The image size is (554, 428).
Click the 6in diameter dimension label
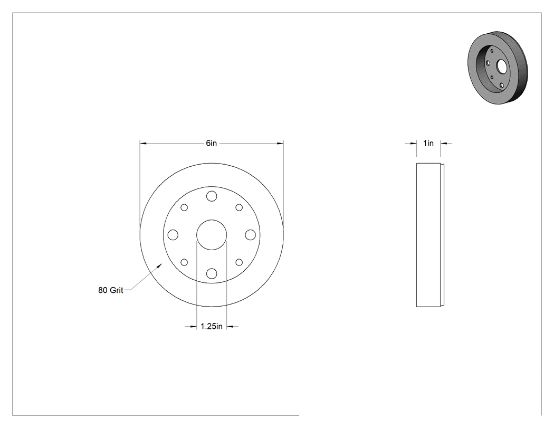(211, 143)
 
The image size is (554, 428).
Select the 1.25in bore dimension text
(212, 326)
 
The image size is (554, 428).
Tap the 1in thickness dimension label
(428, 143)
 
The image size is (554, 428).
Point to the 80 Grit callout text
(111, 290)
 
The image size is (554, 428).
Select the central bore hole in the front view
(212, 235)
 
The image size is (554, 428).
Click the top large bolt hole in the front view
(212, 196)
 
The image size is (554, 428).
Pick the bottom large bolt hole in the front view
(212, 273)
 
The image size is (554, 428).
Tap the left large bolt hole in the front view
(173, 235)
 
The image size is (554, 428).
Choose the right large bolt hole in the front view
(250, 235)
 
